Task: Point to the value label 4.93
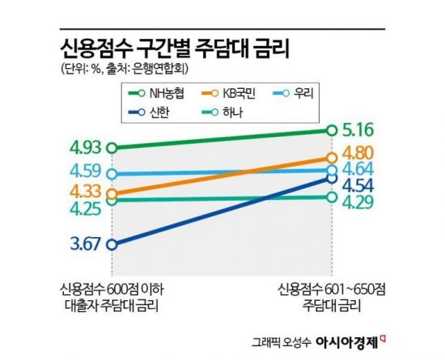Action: click(85, 147)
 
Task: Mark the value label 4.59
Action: click(85, 172)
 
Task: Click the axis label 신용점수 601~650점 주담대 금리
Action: click(333, 297)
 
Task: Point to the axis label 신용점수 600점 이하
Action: click(112, 290)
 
